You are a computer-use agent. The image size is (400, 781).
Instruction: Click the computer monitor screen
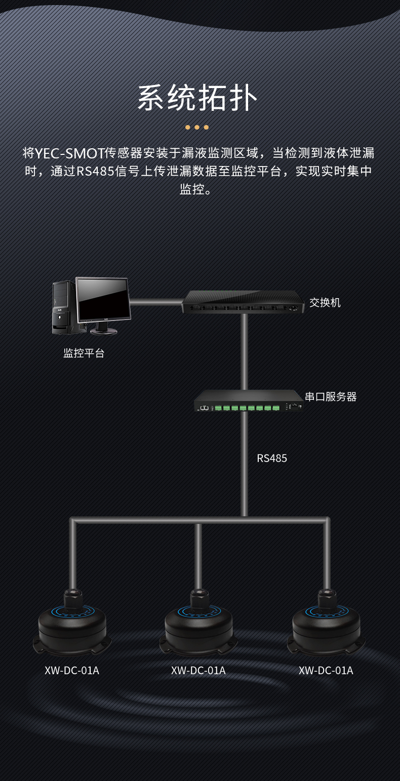click(x=102, y=299)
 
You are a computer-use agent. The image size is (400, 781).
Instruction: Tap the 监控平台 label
click(x=84, y=353)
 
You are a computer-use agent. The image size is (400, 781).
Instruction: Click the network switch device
click(x=243, y=302)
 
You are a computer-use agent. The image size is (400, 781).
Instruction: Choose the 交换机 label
click(x=325, y=303)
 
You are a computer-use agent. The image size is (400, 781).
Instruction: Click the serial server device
click(x=248, y=401)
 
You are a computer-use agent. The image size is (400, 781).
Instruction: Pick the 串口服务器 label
click(x=331, y=396)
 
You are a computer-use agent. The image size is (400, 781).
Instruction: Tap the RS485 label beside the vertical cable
click(x=272, y=459)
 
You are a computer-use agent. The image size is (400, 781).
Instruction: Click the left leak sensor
click(x=72, y=625)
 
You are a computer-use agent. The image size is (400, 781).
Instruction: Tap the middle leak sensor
click(x=198, y=625)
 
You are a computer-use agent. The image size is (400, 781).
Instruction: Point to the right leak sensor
click(x=327, y=625)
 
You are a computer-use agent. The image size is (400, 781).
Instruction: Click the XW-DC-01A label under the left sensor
click(x=72, y=671)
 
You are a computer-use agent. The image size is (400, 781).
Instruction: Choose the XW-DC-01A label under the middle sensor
click(x=198, y=671)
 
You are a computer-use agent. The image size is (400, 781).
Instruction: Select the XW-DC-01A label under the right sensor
click(x=326, y=671)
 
